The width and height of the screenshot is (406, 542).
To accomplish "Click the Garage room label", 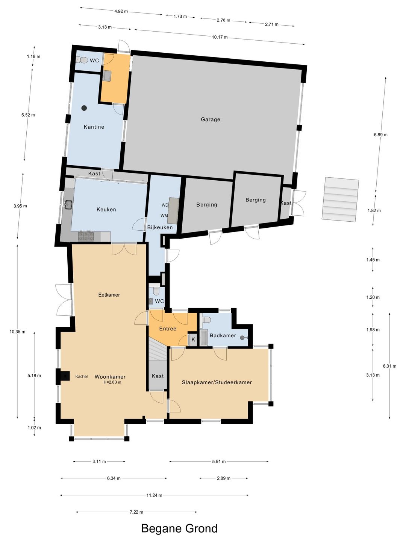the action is pyautogui.click(x=210, y=120).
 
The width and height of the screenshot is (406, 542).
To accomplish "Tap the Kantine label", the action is pyautogui.click(x=94, y=127).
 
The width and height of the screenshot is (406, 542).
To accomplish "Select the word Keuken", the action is pyautogui.click(x=106, y=209).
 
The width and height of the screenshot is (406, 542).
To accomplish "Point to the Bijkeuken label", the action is pyautogui.click(x=160, y=227).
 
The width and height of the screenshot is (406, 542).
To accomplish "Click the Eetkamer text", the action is pyautogui.click(x=109, y=295).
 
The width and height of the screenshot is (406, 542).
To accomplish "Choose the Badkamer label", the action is pyautogui.click(x=223, y=336).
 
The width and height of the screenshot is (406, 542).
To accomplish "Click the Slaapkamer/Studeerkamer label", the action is pyautogui.click(x=217, y=382).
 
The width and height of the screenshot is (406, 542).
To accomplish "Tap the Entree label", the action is pyautogui.click(x=168, y=329).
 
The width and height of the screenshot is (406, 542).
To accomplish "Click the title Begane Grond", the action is pyautogui.click(x=179, y=528).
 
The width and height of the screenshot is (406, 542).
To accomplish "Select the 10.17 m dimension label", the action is pyautogui.click(x=220, y=37).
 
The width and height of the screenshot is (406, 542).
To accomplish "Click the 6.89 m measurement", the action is pyautogui.click(x=380, y=135).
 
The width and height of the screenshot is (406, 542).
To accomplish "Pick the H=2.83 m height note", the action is pyautogui.click(x=112, y=382).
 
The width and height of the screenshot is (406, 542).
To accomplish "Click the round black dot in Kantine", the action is pyautogui.click(x=84, y=108).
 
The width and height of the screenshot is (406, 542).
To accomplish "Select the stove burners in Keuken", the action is pyautogui.click(x=86, y=236).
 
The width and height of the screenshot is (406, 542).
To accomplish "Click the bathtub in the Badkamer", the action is pyautogui.click(x=204, y=338).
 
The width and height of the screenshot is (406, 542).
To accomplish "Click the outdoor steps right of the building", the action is pyautogui.click(x=340, y=199).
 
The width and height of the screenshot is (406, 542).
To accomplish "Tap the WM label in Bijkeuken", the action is pyautogui.click(x=164, y=216).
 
